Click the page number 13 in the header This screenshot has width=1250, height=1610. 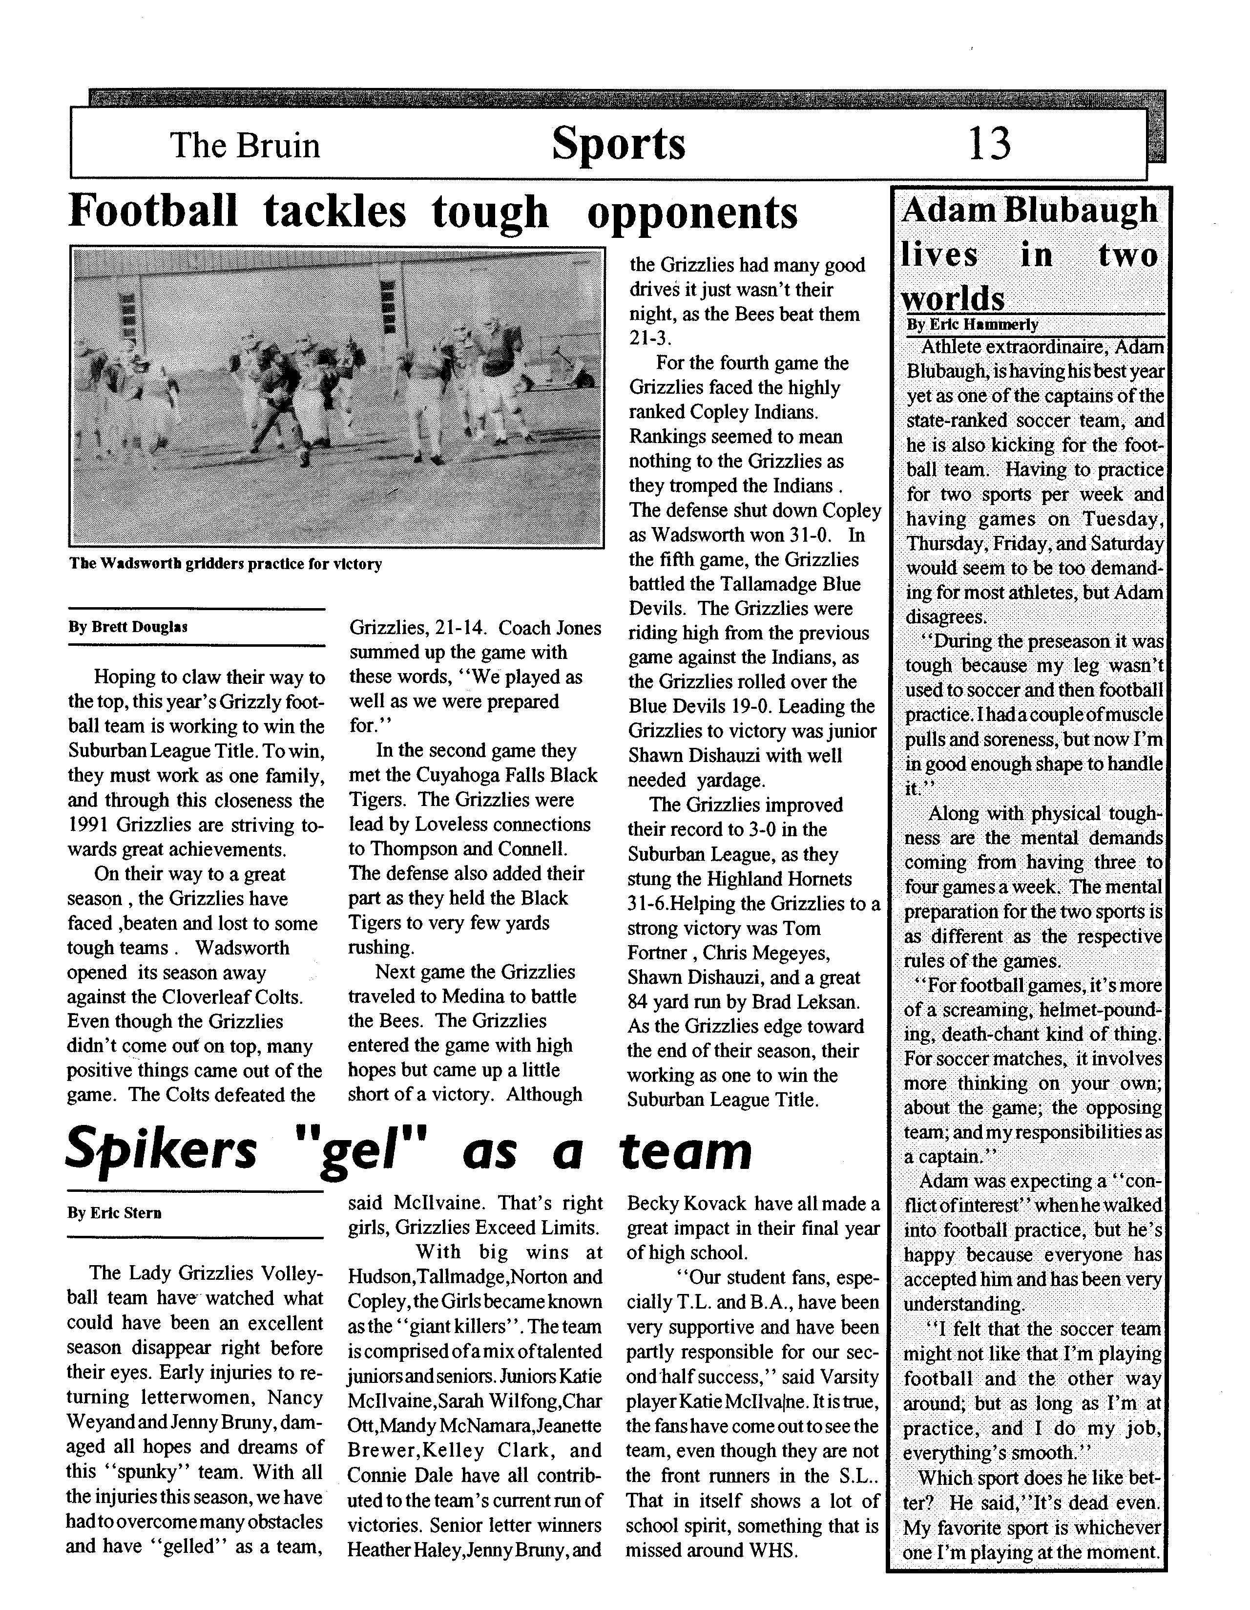pos(989,144)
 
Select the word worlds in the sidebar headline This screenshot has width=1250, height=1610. pos(953,298)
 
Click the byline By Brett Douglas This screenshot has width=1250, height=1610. pos(128,627)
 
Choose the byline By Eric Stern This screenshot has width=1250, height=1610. pos(114,1213)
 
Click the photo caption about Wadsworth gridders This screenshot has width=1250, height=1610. pos(226,565)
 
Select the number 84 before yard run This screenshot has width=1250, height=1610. pos(639,1002)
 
